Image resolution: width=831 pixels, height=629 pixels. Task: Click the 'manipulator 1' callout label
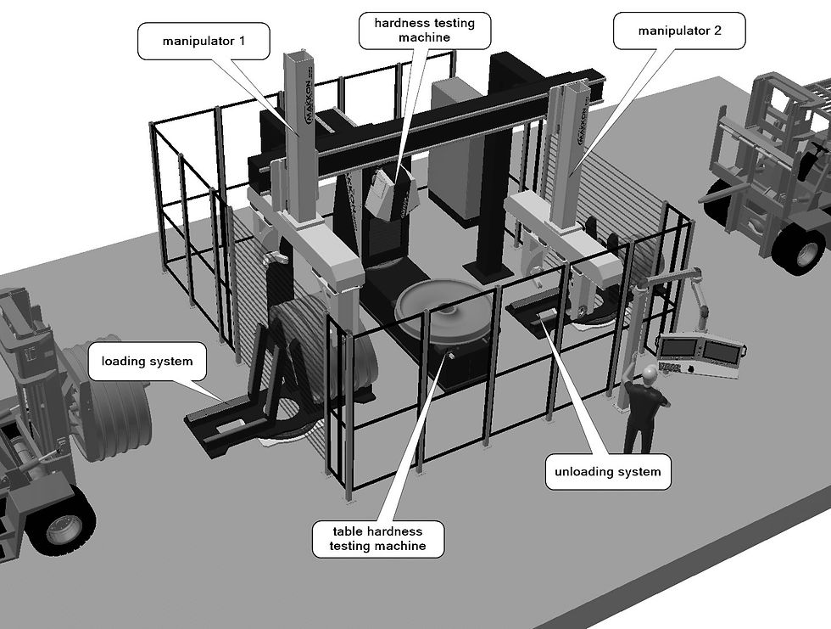coord(204,41)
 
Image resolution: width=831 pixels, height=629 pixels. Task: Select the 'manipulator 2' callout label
coord(679,31)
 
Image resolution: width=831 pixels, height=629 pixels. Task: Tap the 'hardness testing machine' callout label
coord(425,31)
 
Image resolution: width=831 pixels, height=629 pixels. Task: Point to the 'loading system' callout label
coord(147,361)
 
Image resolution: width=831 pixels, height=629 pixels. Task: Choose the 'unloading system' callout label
coord(608,471)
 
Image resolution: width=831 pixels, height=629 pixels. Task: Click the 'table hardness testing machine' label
coord(377,539)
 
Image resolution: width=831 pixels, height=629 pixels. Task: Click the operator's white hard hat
coord(650,373)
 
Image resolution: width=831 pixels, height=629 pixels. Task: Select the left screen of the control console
coord(680,348)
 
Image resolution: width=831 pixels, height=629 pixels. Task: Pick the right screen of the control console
coord(722,350)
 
